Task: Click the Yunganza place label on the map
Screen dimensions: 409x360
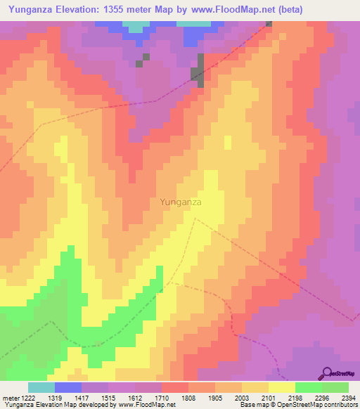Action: tap(181, 202)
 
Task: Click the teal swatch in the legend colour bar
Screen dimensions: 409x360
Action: tap(41, 387)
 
